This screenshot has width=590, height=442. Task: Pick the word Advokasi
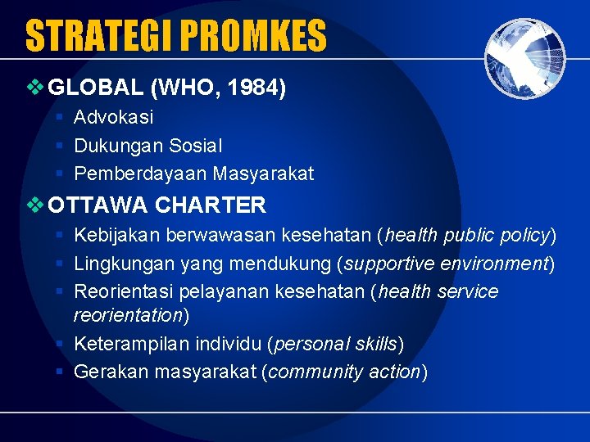tap(113, 117)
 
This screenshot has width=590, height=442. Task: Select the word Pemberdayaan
tap(140, 174)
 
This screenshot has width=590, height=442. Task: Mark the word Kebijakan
tap(117, 236)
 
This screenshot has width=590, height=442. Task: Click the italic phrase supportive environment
tap(445, 264)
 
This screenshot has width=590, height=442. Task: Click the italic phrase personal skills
tap(335, 344)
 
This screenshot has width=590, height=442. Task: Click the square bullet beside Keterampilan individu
tap(60, 344)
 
